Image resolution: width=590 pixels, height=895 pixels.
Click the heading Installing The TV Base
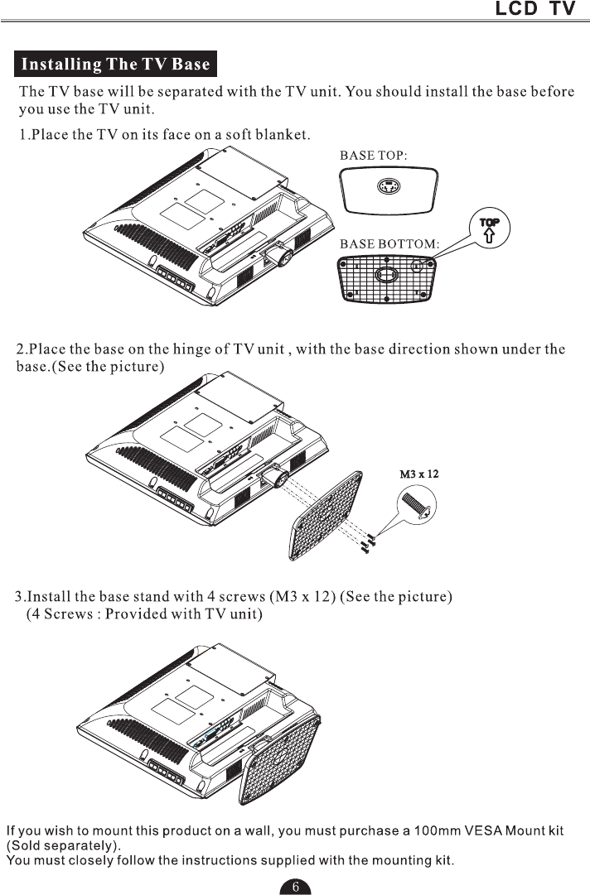tap(115, 64)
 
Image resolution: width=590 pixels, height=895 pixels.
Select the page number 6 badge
tap(295, 886)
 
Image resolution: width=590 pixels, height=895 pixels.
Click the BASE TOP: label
tap(374, 154)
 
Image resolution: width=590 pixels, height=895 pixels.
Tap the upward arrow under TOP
tap(490, 237)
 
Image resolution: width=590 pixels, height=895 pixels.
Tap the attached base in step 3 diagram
tap(283, 760)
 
